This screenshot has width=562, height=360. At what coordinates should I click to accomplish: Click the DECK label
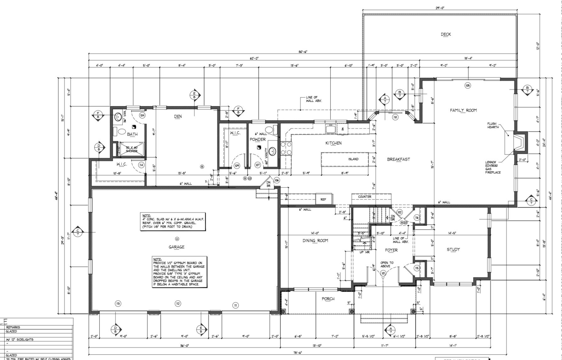(446, 34)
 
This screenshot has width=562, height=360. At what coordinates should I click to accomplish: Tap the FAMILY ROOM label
(463, 110)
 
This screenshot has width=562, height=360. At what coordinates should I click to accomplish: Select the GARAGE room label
(176, 247)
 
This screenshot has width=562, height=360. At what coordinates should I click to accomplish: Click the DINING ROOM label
(315, 240)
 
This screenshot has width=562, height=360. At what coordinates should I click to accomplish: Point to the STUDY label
(453, 249)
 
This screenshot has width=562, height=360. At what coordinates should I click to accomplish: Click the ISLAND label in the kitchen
(353, 159)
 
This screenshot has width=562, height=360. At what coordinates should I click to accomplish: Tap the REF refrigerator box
(323, 199)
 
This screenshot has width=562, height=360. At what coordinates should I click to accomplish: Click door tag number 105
(468, 85)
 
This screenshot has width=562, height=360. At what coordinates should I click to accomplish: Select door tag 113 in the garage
(118, 304)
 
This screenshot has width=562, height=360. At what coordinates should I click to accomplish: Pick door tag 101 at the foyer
(383, 273)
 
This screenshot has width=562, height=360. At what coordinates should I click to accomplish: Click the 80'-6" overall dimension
(303, 51)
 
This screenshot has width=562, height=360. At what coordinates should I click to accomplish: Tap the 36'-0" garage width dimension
(184, 346)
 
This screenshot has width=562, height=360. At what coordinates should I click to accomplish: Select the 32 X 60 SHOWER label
(132, 149)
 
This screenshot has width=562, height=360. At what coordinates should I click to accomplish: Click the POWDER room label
(257, 139)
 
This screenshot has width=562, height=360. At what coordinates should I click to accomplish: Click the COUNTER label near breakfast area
(364, 197)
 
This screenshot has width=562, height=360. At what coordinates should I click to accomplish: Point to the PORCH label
(328, 299)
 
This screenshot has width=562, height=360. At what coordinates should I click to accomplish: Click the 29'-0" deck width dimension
(440, 8)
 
